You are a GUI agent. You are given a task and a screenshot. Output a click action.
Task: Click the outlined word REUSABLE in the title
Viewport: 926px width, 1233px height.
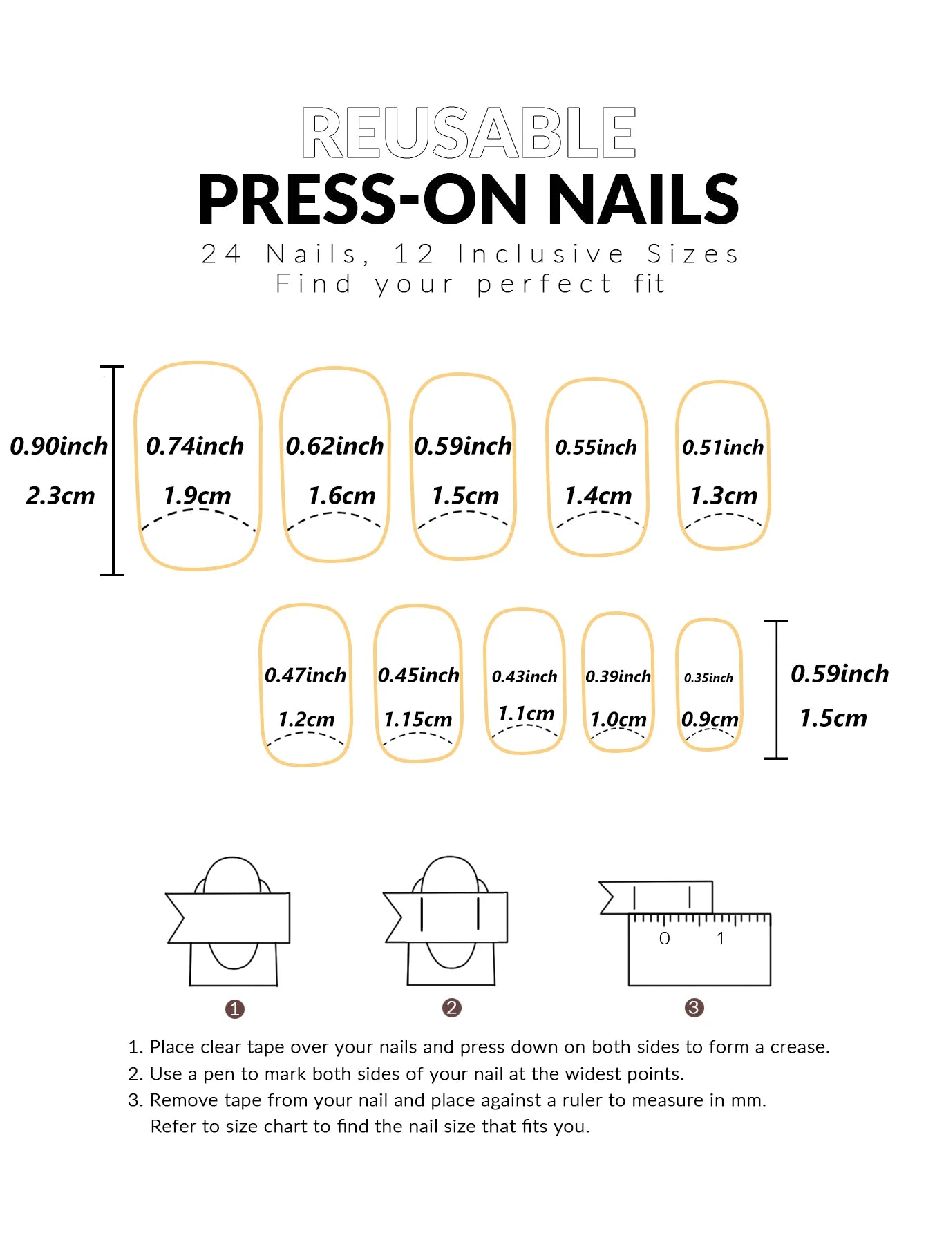469,133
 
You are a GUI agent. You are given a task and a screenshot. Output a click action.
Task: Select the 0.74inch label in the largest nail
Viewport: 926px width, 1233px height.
195,446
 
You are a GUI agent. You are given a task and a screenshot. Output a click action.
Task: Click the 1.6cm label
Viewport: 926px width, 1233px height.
341,496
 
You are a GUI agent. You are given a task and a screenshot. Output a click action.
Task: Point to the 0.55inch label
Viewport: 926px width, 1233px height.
596,448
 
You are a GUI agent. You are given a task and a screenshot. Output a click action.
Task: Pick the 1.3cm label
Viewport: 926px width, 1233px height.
724,496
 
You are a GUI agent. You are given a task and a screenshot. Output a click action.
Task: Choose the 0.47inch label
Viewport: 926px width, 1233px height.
305,676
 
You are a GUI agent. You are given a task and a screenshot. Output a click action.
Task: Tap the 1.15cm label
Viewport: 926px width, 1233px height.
417,720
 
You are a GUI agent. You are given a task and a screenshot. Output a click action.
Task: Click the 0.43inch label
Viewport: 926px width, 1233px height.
525,677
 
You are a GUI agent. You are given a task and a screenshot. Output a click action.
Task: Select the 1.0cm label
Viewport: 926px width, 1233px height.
618,720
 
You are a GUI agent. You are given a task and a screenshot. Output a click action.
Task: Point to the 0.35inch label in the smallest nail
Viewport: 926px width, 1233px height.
708,678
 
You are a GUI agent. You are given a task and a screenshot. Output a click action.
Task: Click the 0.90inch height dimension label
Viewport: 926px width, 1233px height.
59,446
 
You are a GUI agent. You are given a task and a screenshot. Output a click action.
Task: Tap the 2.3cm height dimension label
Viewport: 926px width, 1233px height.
60,496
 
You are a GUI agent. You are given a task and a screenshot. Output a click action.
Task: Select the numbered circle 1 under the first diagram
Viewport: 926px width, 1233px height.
235,1009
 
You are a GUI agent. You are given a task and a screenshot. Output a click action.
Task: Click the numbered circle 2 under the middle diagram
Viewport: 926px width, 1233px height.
451,1008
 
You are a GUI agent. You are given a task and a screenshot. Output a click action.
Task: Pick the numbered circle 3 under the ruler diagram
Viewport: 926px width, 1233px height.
694,1008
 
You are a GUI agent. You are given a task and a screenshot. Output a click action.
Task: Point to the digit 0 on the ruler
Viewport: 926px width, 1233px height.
664,939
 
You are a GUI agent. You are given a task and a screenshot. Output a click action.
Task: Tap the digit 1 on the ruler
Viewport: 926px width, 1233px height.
721,939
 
